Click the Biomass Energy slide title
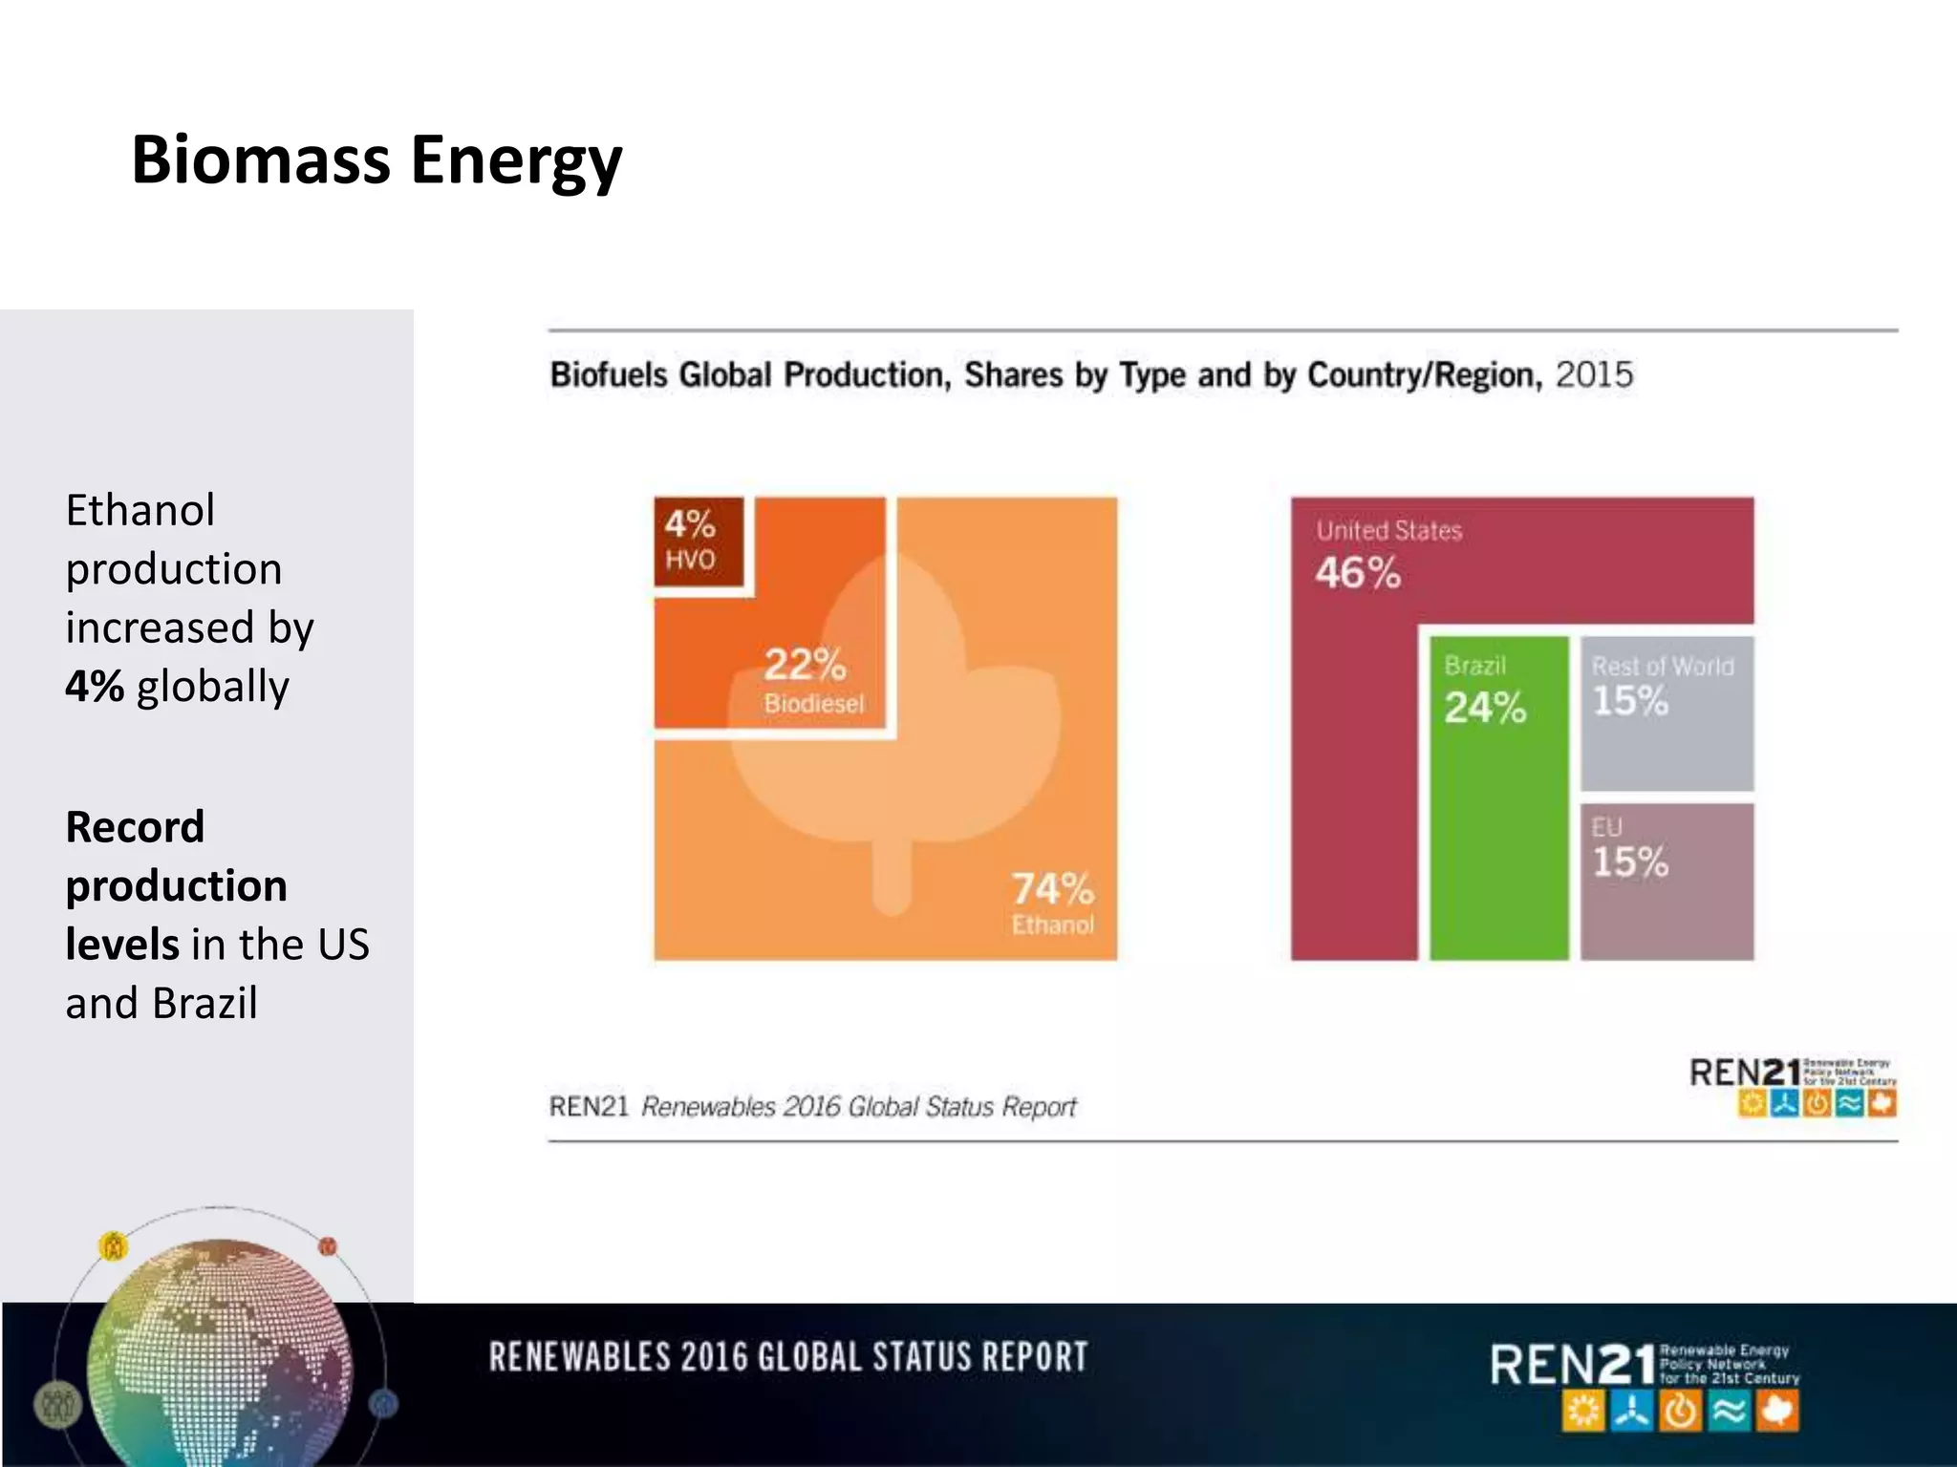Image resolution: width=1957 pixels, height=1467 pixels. (376, 160)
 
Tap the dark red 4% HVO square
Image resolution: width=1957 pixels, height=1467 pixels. (698, 542)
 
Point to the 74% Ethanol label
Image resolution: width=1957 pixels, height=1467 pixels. (1052, 902)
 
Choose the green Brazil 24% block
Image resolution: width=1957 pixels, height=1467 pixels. (1497, 798)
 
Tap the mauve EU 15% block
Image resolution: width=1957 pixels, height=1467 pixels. (1667, 881)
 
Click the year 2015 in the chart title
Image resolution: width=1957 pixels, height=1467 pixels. (1594, 374)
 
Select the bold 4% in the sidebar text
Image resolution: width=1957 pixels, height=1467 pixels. (95, 686)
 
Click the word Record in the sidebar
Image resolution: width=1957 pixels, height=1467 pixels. (135, 827)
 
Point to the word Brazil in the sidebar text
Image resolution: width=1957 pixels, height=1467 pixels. (204, 1003)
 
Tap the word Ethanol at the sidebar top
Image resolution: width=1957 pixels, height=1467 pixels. (140, 510)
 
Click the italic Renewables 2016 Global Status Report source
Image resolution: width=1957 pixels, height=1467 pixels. (858, 1107)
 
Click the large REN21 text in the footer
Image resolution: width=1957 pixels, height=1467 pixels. (1572, 1365)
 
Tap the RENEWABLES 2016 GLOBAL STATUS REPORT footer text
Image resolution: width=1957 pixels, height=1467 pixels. (788, 1357)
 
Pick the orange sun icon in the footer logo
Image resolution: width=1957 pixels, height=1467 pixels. (1583, 1412)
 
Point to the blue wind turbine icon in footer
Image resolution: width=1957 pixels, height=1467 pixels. (1632, 1412)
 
